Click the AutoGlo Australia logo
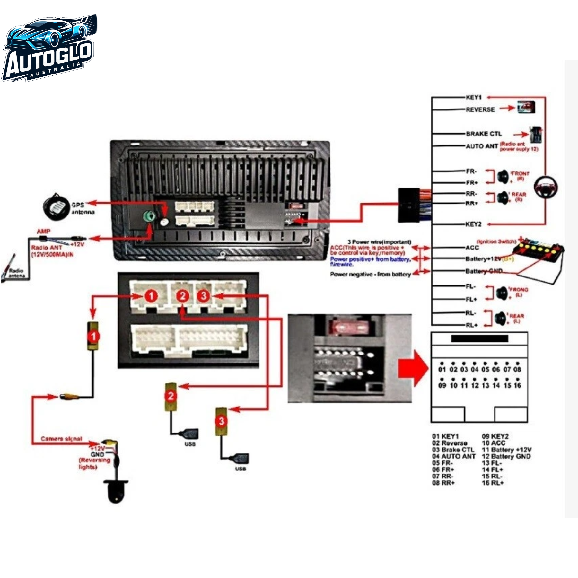coord(50,48)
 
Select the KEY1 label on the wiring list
coord(474,97)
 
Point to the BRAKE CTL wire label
coord(484,134)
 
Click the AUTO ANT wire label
coord(482,146)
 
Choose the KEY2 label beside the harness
coord(474,224)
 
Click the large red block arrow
coord(413,368)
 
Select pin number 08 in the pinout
coord(517,369)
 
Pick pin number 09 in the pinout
coord(442,385)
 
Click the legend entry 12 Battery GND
coord(506,456)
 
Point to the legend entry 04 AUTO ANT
coord(453,456)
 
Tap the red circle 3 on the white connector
coord(203,296)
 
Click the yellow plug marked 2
coord(171,397)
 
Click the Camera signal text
coord(61,439)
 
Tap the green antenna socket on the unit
coord(149,216)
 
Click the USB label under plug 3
coord(240,469)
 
